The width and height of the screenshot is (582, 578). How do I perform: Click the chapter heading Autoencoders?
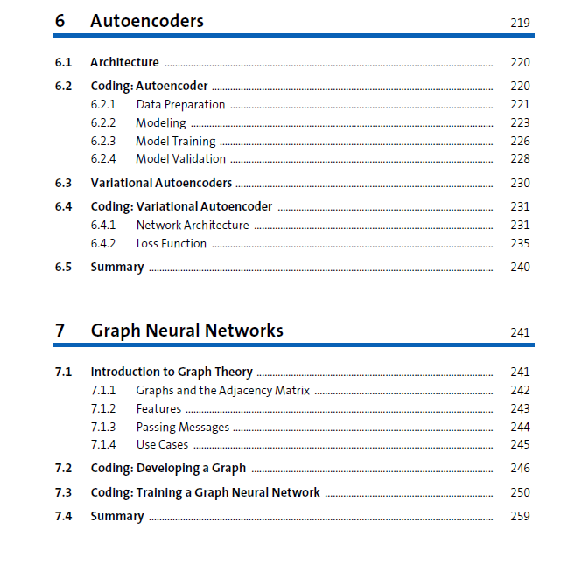click(146, 21)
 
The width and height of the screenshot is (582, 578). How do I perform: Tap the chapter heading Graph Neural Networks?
click(186, 331)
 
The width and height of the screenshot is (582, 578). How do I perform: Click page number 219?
click(520, 23)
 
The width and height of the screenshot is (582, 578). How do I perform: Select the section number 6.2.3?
click(103, 141)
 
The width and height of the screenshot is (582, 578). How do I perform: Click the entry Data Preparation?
click(180, 105)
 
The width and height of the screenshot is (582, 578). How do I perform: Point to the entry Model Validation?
click(180, 159)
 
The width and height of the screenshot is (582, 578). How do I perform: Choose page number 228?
click(520, 159)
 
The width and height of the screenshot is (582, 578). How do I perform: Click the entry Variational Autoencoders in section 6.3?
click(161, 183)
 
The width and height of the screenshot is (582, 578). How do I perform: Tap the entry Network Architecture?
click(192, 226)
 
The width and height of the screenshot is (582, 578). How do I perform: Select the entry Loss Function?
click(171, 244)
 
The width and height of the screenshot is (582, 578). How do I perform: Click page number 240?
click(520, 268)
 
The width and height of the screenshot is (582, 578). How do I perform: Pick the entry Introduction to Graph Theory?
click(172, 372)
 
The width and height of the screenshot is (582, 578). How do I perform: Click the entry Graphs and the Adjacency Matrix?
click(222, 391)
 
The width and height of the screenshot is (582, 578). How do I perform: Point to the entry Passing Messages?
click(182, 428)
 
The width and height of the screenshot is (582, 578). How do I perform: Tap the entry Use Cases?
click(162, 445)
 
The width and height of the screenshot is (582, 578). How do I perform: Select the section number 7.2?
click(63, 468)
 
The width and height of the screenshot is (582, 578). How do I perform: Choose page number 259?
click(520, 516)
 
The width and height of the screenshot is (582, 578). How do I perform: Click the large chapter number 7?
click(60, 331)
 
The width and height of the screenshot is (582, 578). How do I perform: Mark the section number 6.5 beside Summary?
click(63, 268)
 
